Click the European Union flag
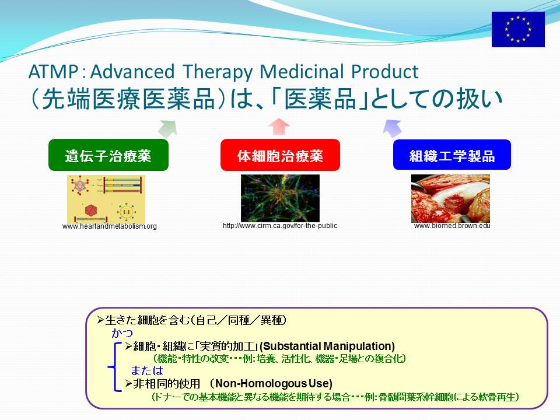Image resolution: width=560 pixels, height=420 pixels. pyautogui.click(x=518, y=29)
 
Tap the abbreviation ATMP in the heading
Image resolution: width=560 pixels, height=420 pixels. pyautogui.click(x=53, y=71)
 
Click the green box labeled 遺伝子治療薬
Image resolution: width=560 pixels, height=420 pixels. pyautogui.click(x=108, y=155)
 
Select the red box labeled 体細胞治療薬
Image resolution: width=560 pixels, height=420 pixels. pyautogui.click(x=280, y=155)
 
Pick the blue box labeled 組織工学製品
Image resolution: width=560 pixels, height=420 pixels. pyautogui.click(x=452, y=155)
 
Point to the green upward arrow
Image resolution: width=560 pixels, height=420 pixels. pyautogui.click(x=168, y=129)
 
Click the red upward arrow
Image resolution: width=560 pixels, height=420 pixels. pyautogui.click(x=279, y=127)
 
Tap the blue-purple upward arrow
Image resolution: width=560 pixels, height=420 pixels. pyautogui.click(x=392, y=128)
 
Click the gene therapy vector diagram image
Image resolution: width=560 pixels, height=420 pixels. pyautogui.click(x=106, y=198)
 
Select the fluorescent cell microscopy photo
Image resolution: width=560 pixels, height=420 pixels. pyautogui.click(x=280, y=198)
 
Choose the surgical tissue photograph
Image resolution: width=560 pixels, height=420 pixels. pyautogui.click(x=450, y=198)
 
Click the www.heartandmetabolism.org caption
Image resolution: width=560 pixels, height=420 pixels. pyautogui.click(x=109, y=226)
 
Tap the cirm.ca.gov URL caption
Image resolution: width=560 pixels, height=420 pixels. pyautogui.click(x=280, y=226)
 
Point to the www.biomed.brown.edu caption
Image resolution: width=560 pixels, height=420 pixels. pyautogui.click(x=452, y=226)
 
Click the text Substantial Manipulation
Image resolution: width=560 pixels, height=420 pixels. pyautogui.click(x=327, y=346)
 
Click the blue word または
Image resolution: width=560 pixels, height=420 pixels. pyautogui.click(x=147, y=370)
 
